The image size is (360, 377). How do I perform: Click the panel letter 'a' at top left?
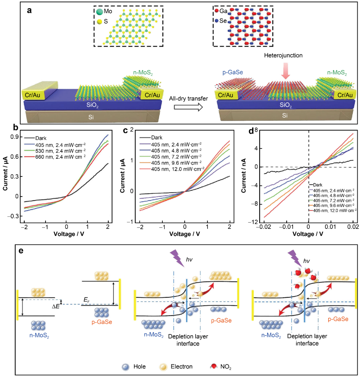click(30, 11)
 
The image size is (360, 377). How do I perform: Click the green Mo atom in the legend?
click(99, 12)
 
